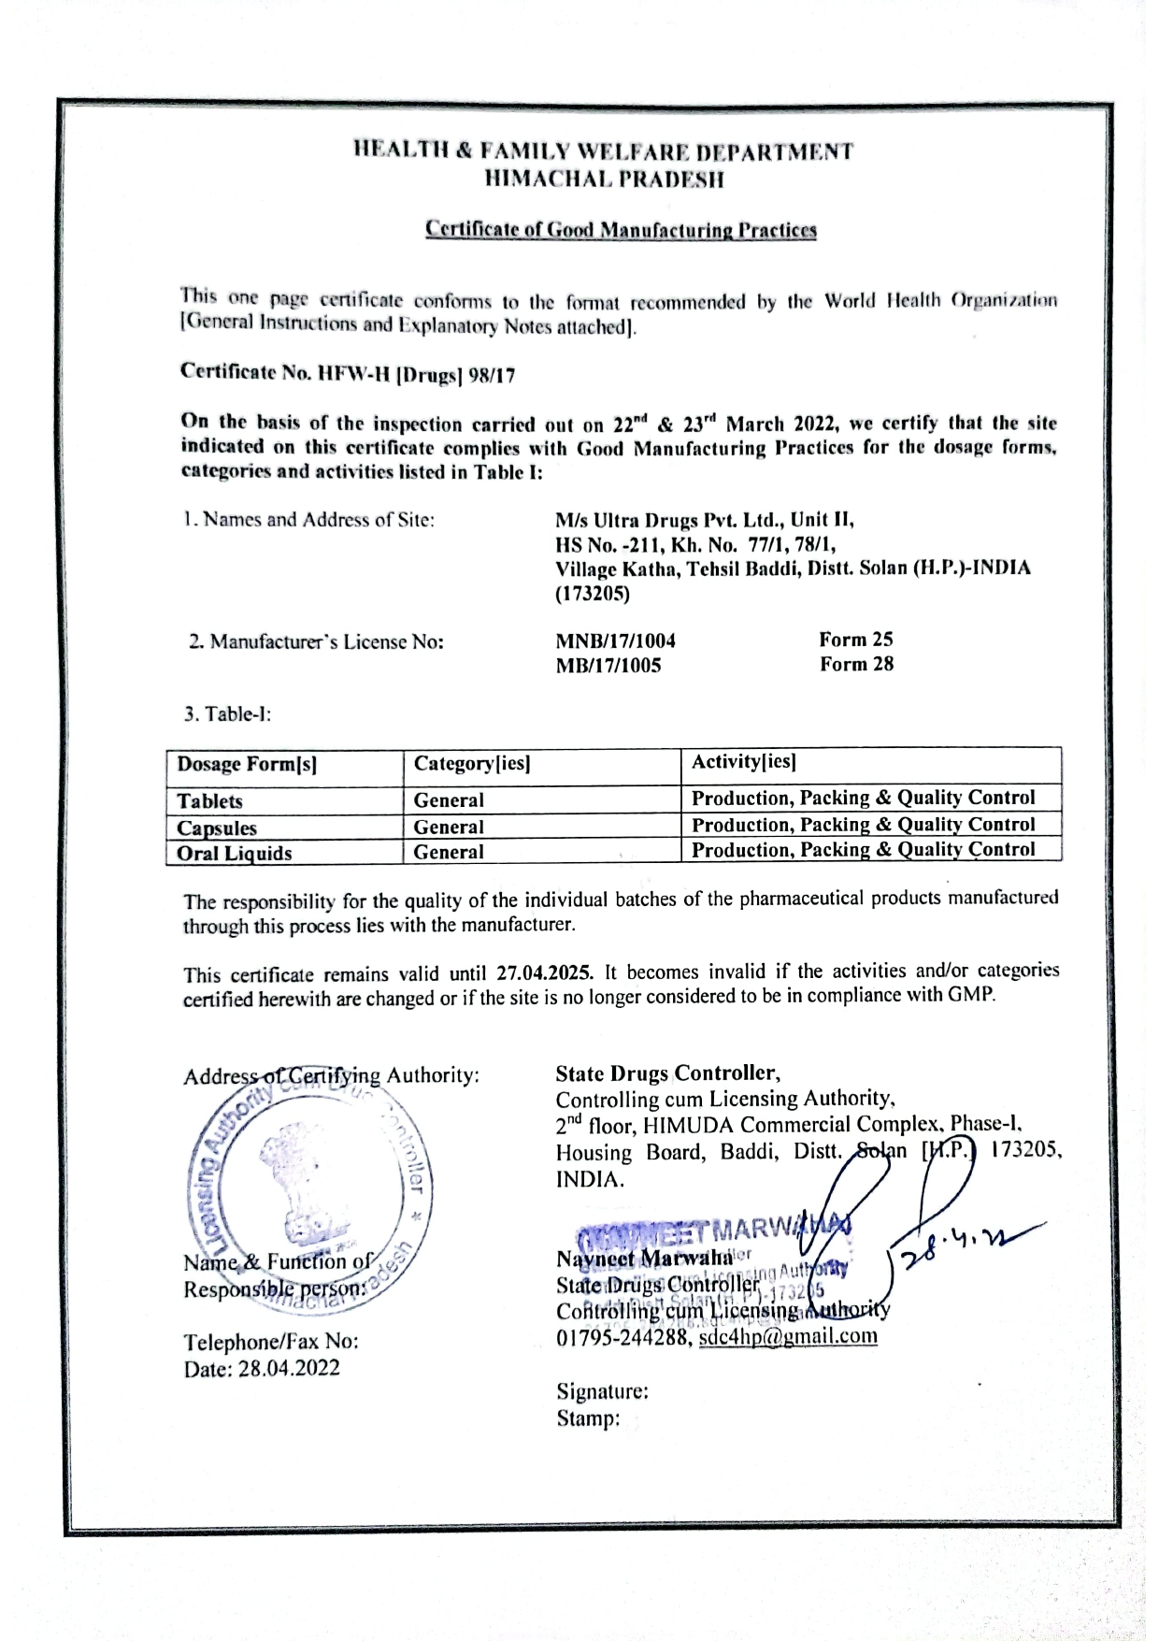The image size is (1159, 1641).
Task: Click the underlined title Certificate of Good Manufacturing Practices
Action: click(621, 229)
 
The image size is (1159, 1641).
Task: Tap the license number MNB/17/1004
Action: click(615, 641)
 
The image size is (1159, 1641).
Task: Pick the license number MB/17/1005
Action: click(608, 666)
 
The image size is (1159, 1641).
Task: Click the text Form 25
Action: click(855, 640)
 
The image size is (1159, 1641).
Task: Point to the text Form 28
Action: click(856, 664)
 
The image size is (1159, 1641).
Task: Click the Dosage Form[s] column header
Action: click(247, 765)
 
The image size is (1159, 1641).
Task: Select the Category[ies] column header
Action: click(472, 765)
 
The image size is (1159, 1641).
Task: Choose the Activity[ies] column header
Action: click(743, 762)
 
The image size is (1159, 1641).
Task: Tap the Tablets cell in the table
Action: click(209, 801)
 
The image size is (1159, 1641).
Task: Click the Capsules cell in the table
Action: click(217, 828)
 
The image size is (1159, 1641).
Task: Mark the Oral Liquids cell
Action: click(234, 853)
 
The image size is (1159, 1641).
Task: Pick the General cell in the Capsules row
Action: click(449, 827)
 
